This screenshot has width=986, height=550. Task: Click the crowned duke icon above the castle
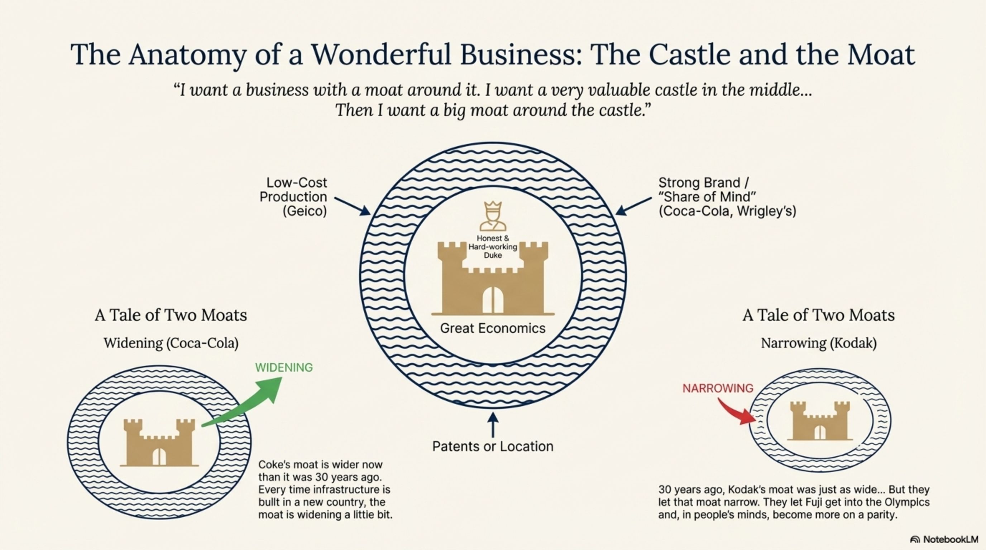point(493,216)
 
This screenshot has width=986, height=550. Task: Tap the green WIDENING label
point(284,367)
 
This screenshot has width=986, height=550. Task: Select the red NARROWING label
point(718,389)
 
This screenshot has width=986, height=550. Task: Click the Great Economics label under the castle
point(493,328)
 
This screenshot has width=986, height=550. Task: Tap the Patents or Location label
point(493,447)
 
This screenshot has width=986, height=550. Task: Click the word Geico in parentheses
point(305,211)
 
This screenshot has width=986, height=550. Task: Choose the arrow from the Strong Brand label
point(633,206)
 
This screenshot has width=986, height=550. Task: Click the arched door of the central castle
point(493,300)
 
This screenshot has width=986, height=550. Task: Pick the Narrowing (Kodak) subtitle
point(818,343)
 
